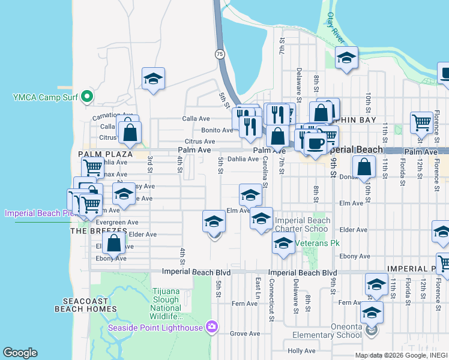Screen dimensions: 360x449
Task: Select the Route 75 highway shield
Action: point(220,53)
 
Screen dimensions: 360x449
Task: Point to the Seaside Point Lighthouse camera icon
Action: point(211,327)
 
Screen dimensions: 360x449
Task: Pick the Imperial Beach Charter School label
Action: point(302,224)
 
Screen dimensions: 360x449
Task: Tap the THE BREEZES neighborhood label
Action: point(99,231)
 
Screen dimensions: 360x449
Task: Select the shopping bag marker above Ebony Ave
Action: point(113,243)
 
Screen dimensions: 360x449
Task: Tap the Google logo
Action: point(20,353)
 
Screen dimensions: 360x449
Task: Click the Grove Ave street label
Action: point(244,333)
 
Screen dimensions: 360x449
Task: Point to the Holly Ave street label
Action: point(301,350)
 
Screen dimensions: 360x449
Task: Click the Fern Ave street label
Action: point(246,304)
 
